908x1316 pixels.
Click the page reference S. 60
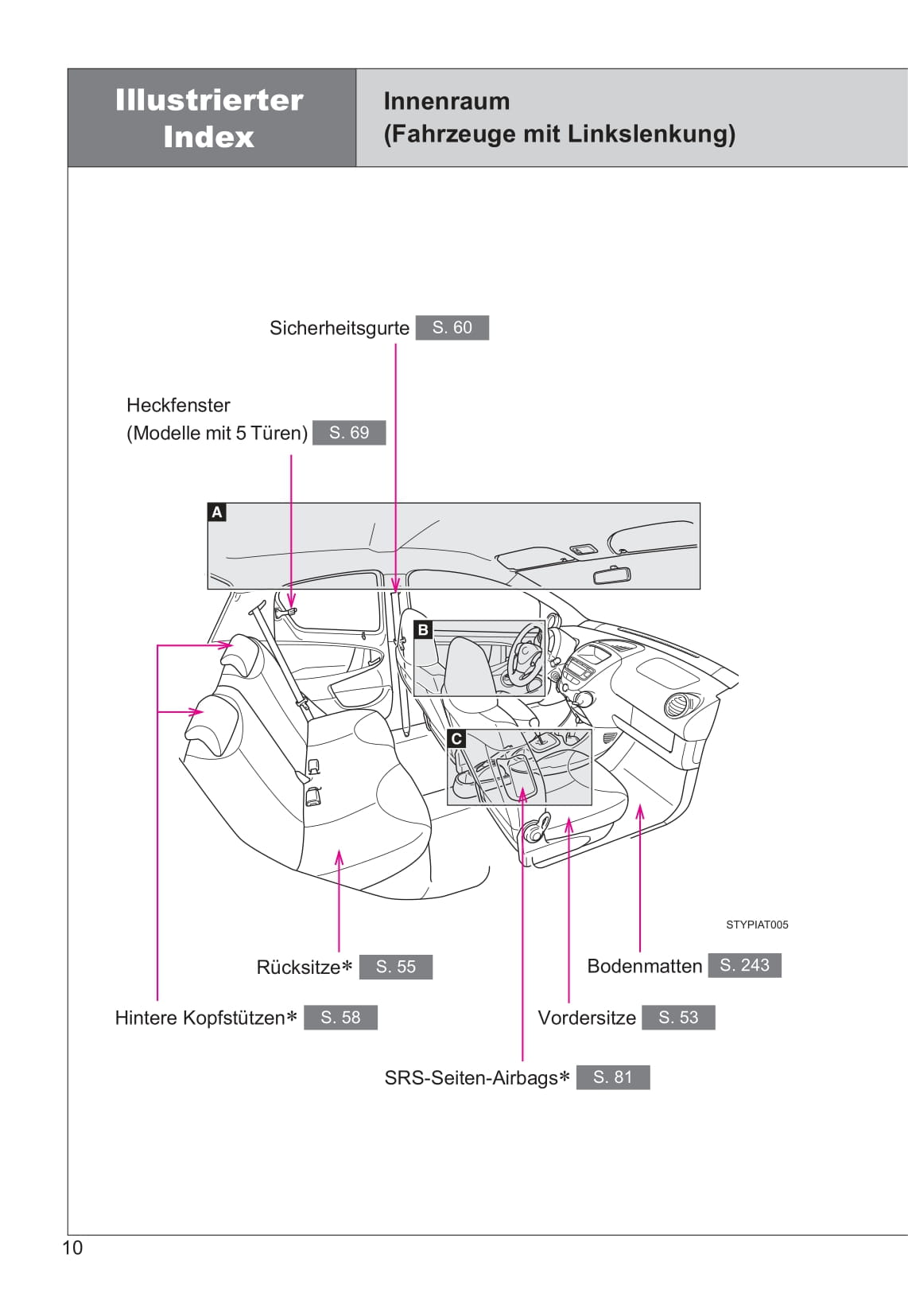click(452, 328)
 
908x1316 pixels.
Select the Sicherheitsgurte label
click(340, 329)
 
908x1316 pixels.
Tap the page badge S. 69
click(349, 433)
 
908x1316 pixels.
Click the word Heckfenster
click(178, 406)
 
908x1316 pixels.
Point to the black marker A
click(216, 512)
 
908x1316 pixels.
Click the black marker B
click(423, 630)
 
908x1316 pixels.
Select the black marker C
click(456, 739)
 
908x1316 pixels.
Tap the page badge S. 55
click(395, 967)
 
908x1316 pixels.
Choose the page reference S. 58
click(340, 1018)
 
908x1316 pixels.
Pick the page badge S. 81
click(612, 1077)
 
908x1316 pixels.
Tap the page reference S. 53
click(678, 1018)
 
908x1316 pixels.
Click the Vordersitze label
click(587, 1018)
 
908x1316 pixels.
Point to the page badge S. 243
click(744, 965)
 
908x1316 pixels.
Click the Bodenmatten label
click(644, 967)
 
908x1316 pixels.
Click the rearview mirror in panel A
click(611, 574)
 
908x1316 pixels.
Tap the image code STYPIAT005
click(757, 925)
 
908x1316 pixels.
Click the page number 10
click(72, 1248)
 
